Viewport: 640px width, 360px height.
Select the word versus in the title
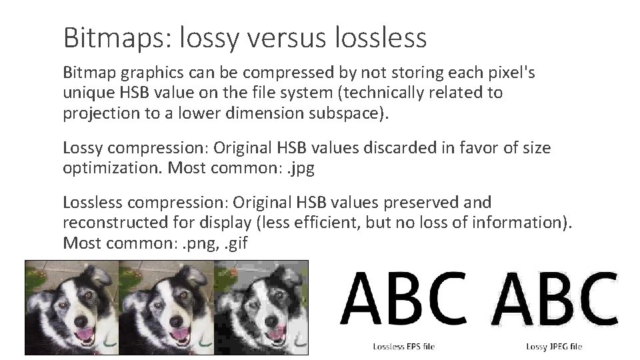(x=287, y=38)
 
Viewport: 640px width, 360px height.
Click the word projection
(x=101, y=114)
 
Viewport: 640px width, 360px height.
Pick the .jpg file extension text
(x=301, y=169)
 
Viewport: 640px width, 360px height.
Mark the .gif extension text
(x=236, y=244)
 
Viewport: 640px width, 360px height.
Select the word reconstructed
(x=115, y=223)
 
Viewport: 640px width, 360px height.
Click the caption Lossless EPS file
(x=404, y=347)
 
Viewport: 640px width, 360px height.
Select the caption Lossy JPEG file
(x=554, y=347)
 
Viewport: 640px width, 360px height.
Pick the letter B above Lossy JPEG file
(x=553, y=299)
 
